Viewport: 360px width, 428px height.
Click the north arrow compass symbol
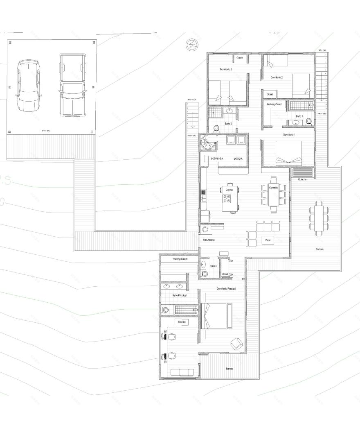191,45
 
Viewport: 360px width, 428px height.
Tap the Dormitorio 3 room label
226,69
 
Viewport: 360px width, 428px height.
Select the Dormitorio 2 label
277,77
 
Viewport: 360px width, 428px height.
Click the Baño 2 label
228,123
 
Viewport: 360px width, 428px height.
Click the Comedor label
274,188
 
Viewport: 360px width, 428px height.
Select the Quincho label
303,179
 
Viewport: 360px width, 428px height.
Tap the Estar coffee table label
268,240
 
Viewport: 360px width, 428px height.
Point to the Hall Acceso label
209,240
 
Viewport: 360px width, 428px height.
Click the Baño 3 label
213,266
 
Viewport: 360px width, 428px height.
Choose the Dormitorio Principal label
226,289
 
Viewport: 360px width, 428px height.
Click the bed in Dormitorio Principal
216,315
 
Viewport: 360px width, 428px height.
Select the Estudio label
182,322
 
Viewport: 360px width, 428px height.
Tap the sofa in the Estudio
182,372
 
